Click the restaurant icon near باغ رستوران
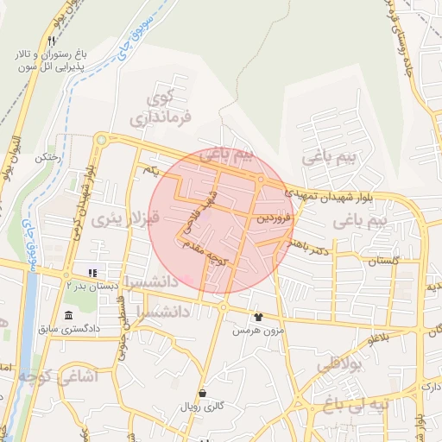(52, 41)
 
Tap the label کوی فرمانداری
(166, 104)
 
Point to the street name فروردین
(275, 219)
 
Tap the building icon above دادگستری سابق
(69, 315)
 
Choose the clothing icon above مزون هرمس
(257, 317)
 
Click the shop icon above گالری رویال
(202, 393)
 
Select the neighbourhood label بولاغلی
(338, 365)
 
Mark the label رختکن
(46, 158)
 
